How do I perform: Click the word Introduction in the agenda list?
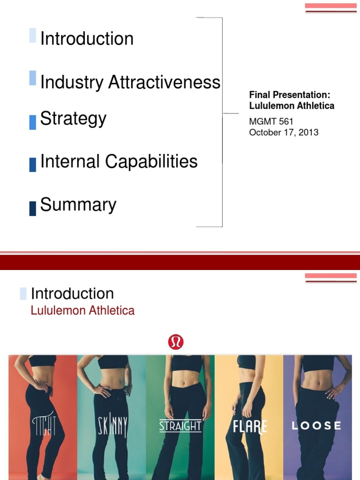[x=87, y=38]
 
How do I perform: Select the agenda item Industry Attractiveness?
[x=130, y=82]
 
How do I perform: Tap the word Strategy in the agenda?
[x=73, y=119]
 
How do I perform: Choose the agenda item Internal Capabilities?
[x=119, y=162]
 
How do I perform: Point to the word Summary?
[x=78, y=205]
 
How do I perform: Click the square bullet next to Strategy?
[x=32, y=122]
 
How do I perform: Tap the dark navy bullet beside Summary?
[x=32, y=208]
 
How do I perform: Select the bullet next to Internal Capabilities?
[x=32, y=165]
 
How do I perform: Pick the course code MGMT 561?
[x=271, y=122]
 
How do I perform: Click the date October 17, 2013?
[x=284, y=132]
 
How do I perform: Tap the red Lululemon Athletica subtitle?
[x=82, y=310]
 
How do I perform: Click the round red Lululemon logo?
[x=176, y=342]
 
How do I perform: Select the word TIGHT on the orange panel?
[x=45, y=427]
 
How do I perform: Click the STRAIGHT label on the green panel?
[x=180, y=426]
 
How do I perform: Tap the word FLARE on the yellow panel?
[x=250, y=427]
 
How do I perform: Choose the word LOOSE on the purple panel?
[x=316, y=426]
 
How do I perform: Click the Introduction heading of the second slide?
[x=72, y=294]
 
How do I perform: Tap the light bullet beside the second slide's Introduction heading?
[x=23, y=294]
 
